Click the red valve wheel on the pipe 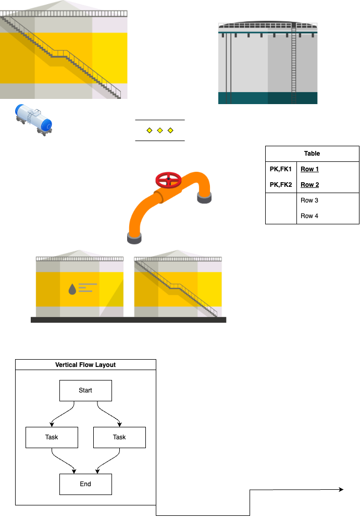coord(168,180)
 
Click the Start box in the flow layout coord(85,390)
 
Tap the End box coord(85,484)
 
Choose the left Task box coord(52,437)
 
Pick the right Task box coord(119,437)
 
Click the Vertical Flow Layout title coord(85,365)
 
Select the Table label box coord(312,154)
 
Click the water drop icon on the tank coord(72,289)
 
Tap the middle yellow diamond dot coord(160,130)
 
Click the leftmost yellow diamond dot coord(150,130)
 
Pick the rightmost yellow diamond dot coord(170,130)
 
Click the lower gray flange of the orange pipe coord(134,238)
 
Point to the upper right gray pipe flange coord(204,198)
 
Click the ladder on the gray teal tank coord(294,62)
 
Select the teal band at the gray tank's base coord(268,98)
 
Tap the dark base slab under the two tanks coord(128,320)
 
